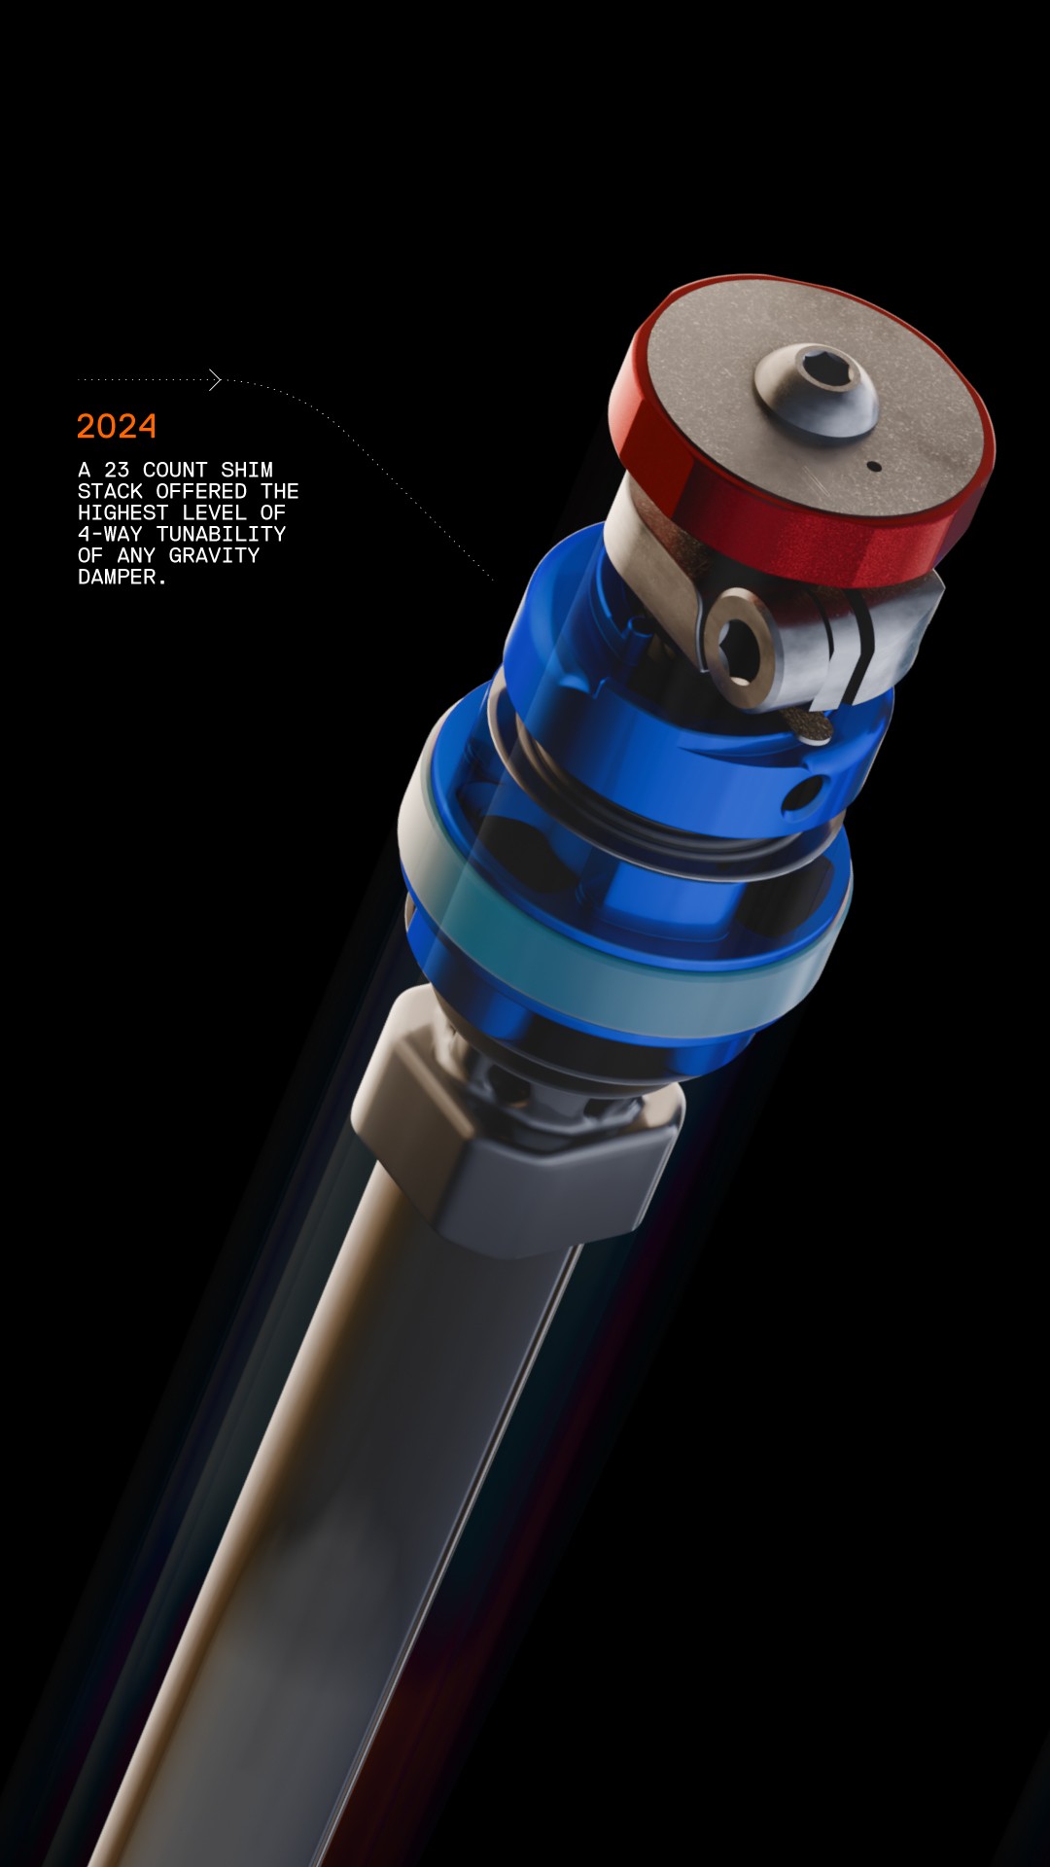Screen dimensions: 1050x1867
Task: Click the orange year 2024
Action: click(x=117, y=426)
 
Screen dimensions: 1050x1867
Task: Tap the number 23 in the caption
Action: click(x=117, y=470)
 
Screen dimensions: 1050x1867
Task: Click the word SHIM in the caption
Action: click(x=247, y=470)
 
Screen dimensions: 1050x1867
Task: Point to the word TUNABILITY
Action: click(x=221, y=534)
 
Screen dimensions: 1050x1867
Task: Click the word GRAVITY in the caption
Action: click(x=214, y=555)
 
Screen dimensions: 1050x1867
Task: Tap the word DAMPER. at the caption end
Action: click(x=122, y=577)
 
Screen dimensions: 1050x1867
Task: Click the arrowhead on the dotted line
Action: click(x=215, y=379)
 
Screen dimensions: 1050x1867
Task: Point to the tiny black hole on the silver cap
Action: click(x=874, y=467)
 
